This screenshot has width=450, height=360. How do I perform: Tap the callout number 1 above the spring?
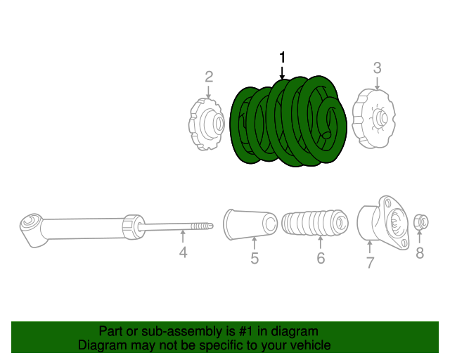tap(283, 57)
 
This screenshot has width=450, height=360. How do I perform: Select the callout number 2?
tap(209, 76)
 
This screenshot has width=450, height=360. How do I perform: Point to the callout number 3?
tap(377, 68)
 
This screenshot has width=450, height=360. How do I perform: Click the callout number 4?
tap(183, 252)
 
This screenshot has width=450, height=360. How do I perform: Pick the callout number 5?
tap(255, 259)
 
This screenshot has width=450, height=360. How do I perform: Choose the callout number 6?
tap(321, 258)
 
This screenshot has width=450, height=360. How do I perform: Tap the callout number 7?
tap(370, 263)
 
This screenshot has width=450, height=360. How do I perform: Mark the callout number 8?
tap(420, 253)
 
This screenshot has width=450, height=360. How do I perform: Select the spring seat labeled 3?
tap(374, 117)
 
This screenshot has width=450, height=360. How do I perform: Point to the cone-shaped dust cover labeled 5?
tap(250, 225)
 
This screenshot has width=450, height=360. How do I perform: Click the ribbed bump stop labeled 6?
tap(314, 226)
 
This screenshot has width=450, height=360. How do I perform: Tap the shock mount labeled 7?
tap(384, 223)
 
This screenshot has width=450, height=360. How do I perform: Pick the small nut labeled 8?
tap(420, 221)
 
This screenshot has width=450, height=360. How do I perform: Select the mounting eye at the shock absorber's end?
tap(30, 226)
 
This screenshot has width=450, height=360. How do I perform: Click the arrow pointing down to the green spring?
tap(283, 72)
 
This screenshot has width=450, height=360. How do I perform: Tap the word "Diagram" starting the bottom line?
tap(101, 346)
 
